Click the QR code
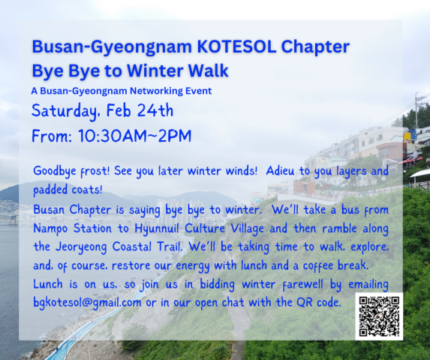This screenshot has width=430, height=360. [379, 316]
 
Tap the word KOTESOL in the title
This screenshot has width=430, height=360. [236, 46]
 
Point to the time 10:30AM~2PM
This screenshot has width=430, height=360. [134, 136]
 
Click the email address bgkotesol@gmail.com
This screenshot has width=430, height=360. [87, 303]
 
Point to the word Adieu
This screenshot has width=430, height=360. [280, 171]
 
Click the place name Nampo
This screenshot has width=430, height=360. [50, 229]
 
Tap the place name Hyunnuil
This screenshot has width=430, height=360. [156, 229]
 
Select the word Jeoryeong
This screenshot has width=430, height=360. [81, 247]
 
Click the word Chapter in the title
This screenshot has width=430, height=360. [315, 47]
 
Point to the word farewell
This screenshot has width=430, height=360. [303, 284]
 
